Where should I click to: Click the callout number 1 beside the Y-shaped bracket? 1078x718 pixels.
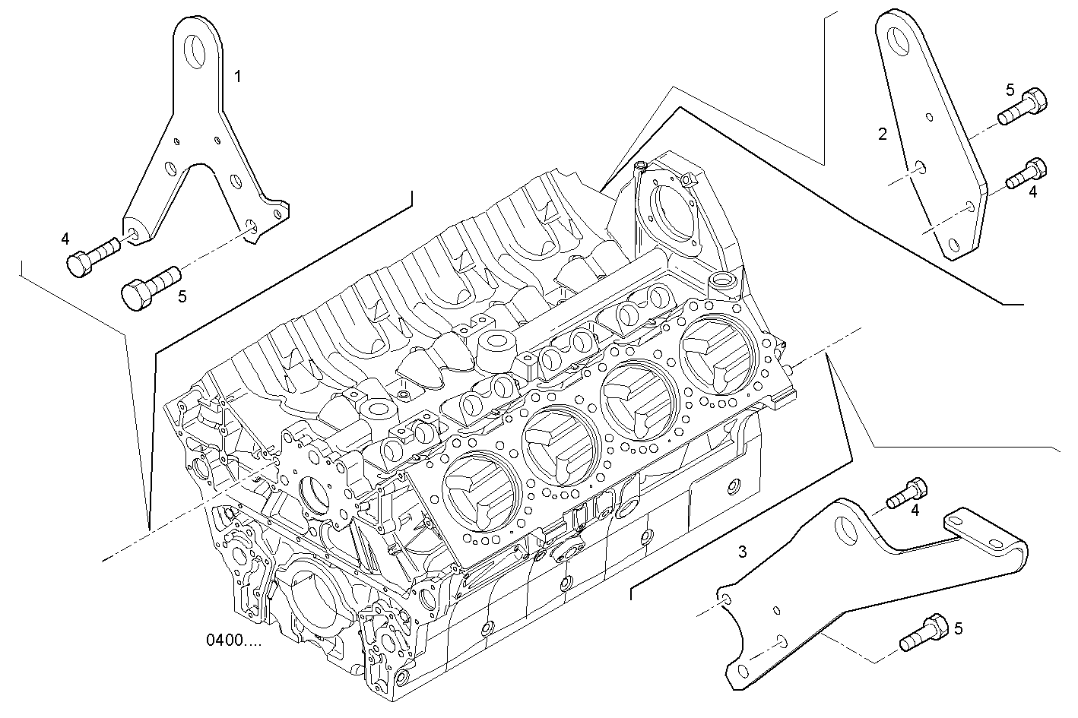point(238,76)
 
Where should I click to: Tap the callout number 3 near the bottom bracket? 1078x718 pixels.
point(742,552)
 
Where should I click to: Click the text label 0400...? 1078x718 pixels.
point(233,641)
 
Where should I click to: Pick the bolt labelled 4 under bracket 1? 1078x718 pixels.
point(91,256)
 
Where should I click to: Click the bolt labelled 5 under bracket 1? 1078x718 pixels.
point(149,285)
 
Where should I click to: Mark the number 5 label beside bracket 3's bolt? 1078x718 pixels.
point(958,628)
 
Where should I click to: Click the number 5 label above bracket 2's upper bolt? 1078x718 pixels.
point(1010,90)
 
